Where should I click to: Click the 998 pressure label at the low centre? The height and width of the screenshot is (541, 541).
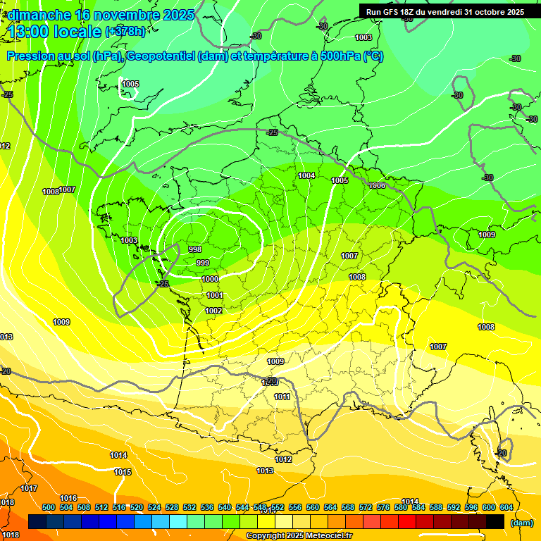pos(196,249)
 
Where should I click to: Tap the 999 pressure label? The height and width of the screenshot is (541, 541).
pos(203,263)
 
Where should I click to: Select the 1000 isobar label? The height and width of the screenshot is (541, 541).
pos(210,279)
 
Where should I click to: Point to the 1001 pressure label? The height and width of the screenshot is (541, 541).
pos(215,295)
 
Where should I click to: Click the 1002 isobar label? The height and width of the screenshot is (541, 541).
pos(214,311)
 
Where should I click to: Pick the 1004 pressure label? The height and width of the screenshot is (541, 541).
pos(306,175)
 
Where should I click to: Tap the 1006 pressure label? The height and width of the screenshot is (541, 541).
pos(377,185)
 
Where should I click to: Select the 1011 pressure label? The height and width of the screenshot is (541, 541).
pos(282,397)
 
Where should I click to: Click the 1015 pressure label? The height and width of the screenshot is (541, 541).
pos(123,472)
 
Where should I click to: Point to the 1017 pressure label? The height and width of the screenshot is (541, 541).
pos(29,488)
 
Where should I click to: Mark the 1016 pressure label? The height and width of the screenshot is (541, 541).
pos(68,498)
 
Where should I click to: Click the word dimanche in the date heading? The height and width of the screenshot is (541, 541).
pos(39,15)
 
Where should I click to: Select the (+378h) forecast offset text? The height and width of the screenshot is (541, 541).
pos(125,32)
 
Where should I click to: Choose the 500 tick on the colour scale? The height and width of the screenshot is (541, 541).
pos(49,507)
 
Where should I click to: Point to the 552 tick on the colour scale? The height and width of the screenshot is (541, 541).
pos(278,507)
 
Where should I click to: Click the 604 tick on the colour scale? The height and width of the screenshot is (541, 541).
pos(506,507)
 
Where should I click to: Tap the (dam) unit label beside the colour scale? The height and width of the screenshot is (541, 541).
pos(522,523)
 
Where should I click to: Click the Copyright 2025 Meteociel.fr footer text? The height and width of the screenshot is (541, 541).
pos(299,536)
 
